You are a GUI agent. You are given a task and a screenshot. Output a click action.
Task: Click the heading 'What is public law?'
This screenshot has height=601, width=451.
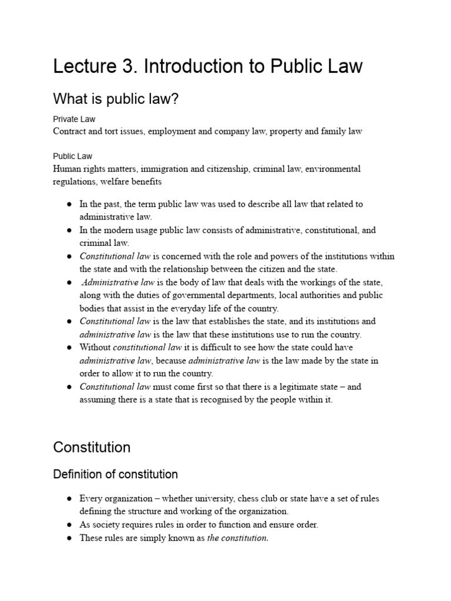[x=115, y=99]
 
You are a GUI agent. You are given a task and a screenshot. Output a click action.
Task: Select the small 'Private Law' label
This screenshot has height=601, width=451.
[x=74, y=119]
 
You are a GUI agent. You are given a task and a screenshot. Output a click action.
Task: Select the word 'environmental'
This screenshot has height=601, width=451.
[x=333, y=169]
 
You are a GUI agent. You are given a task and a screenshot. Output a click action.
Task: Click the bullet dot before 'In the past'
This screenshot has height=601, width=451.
[x=69, y=204]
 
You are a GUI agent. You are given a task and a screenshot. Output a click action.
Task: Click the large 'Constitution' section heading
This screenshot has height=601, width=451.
[x=92, y=447]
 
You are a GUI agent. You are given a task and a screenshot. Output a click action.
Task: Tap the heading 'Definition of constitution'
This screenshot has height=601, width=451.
[x=115, y=474]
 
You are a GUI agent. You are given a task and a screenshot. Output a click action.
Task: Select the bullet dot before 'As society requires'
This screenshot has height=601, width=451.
[x=69, y=525]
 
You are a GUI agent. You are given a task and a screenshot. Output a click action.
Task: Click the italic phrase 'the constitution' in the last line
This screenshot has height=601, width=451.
[x=237, y=538]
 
